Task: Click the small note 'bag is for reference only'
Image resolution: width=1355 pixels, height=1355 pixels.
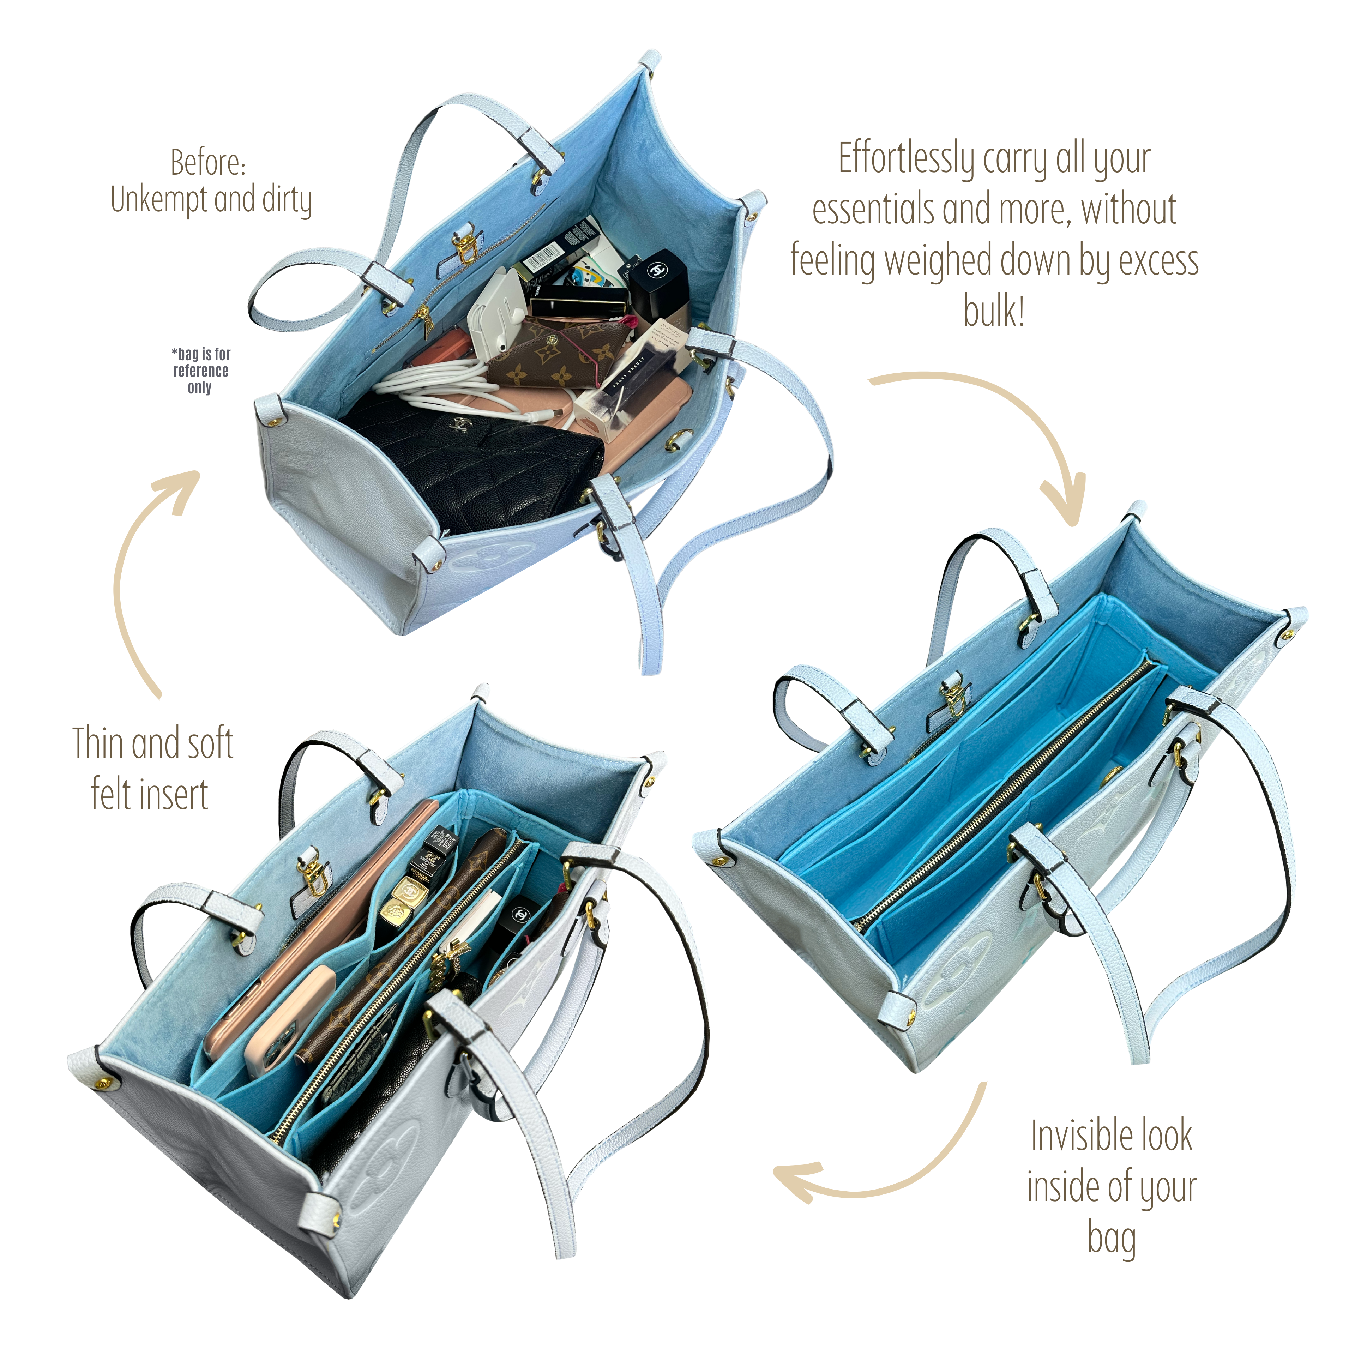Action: coord(200,370)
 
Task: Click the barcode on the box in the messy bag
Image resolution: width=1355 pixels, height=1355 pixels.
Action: coord(544,260)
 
